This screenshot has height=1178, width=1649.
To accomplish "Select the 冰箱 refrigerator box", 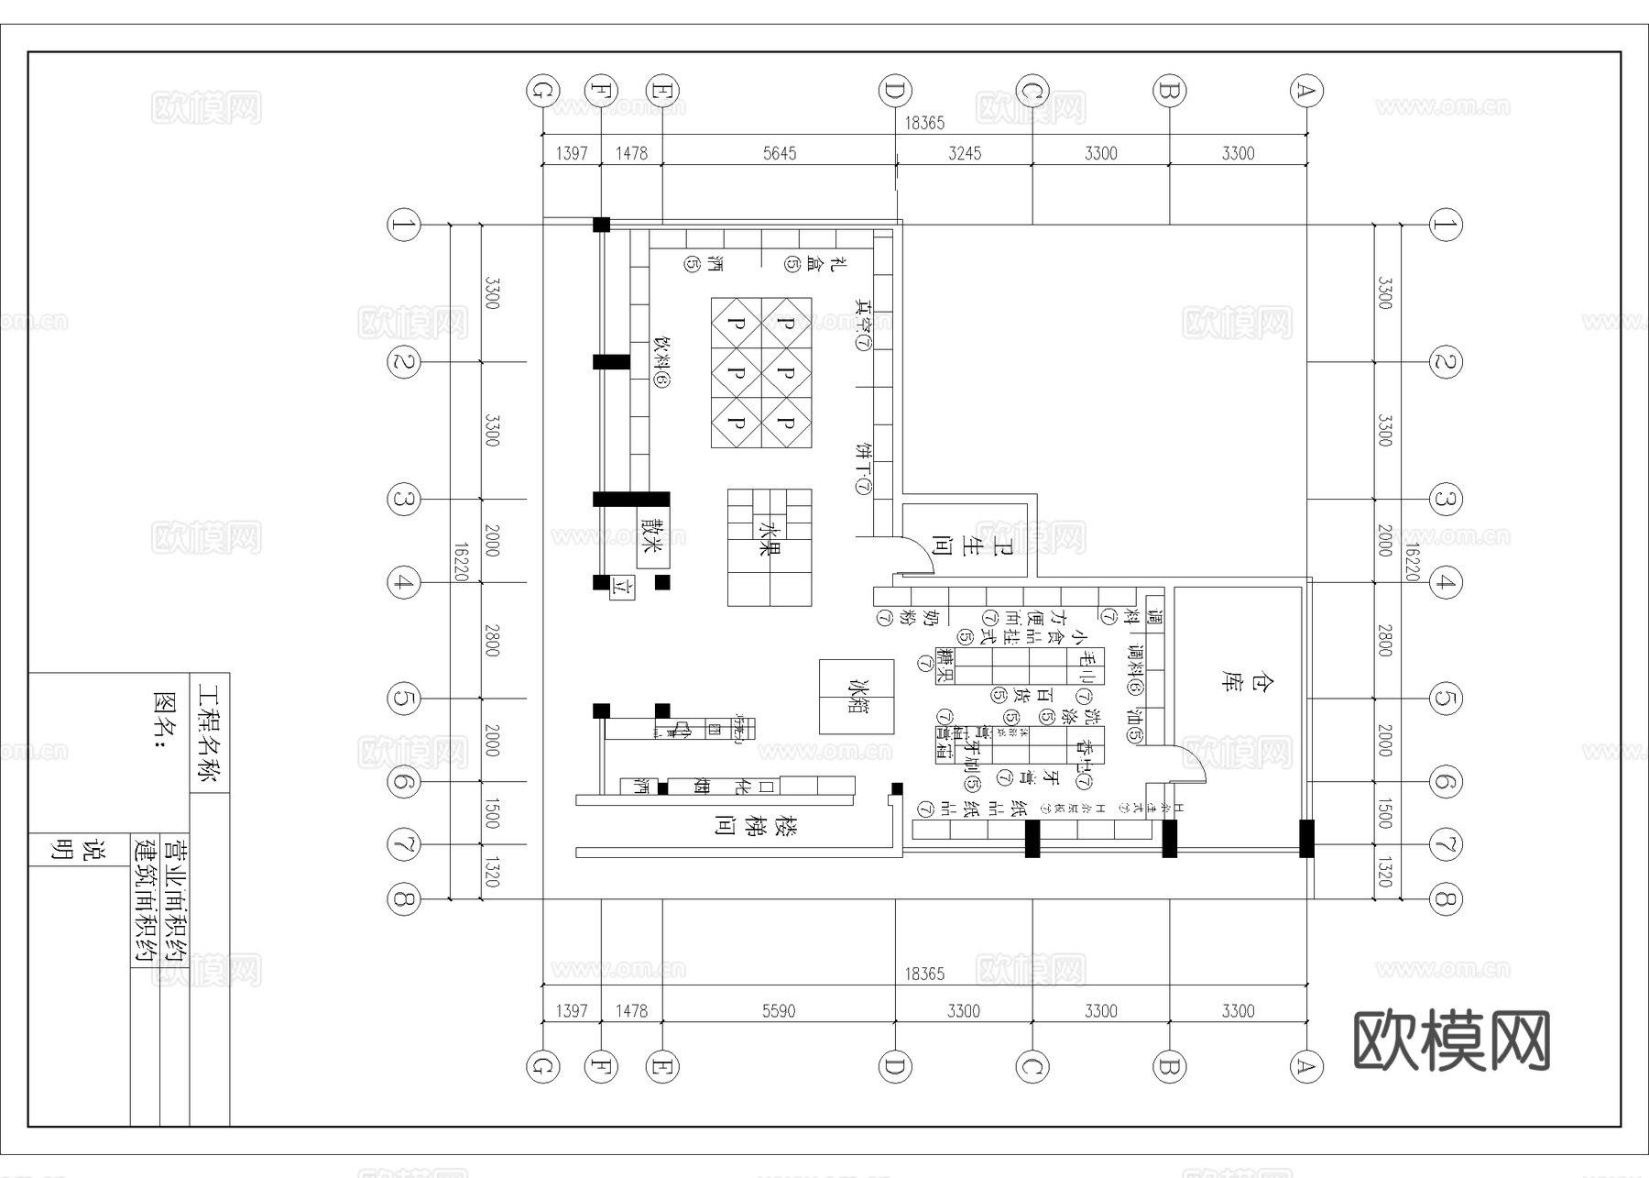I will tap(857, 697).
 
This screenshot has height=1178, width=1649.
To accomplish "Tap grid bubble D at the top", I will tap(895, 91).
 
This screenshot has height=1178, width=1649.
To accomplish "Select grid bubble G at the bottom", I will tap(542, 1066).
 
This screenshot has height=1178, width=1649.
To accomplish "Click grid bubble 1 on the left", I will tap(404, 225).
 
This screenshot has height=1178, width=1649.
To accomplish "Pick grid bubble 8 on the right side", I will tap(1445, 898).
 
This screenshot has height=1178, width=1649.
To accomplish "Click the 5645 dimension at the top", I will tap(780, 153).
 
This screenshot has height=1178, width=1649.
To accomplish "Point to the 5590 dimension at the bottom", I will tap(779, 1010).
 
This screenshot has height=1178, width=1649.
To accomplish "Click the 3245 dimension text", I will tap(964, 153).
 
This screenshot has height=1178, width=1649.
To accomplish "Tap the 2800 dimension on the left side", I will tap(492, 640).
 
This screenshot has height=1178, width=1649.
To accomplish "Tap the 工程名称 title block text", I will tap(209, 733).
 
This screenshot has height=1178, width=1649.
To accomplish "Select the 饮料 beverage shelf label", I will tap(661, 362).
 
